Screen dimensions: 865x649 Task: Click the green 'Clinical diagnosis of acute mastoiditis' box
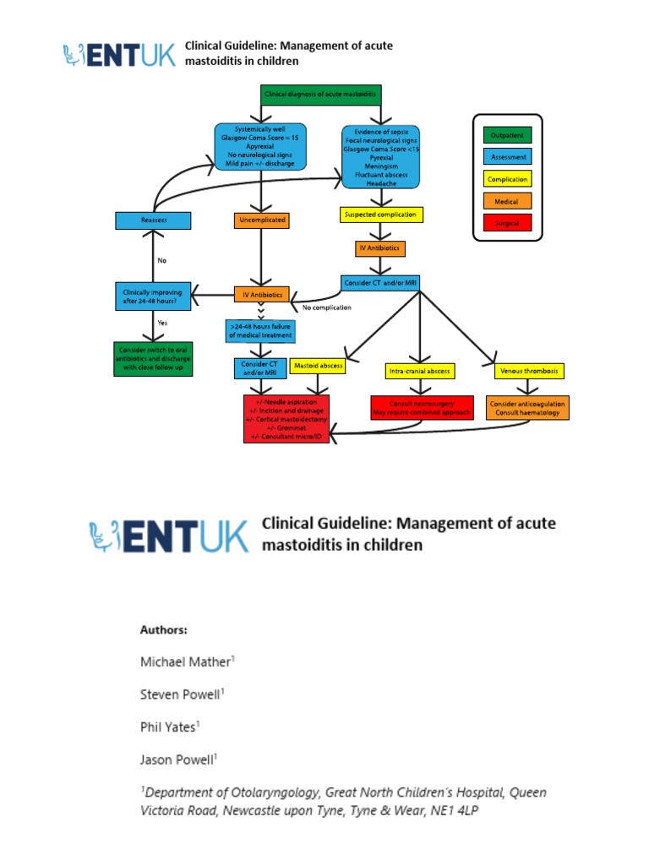pos(321,95)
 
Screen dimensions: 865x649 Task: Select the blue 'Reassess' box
pos(153,220)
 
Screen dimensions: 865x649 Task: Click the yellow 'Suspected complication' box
pos(380,215)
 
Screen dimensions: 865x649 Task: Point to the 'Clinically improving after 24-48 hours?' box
pos(153,294)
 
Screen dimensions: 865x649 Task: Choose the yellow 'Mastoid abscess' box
pos(319,366)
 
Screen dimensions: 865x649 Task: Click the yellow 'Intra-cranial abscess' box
pos(420,371)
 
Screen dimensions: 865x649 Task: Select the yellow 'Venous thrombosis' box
pos(529,371)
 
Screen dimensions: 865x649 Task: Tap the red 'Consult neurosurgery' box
pos(420,408)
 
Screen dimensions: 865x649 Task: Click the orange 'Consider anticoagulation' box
pos(528,408)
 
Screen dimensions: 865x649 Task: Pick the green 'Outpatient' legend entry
pos(507,135)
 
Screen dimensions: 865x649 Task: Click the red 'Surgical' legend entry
pos(507,223)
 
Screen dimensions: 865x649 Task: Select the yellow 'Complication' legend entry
pos(507,179)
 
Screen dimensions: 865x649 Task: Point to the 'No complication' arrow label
pos(326,307)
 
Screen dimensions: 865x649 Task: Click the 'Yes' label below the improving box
pos(162,324)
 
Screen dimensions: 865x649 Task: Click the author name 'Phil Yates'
pos(170,726)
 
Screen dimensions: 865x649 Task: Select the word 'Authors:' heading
pos(163,630)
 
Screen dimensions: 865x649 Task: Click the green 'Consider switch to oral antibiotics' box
pos(153,358)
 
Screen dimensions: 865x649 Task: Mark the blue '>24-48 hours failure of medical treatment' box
pos(260,330)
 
